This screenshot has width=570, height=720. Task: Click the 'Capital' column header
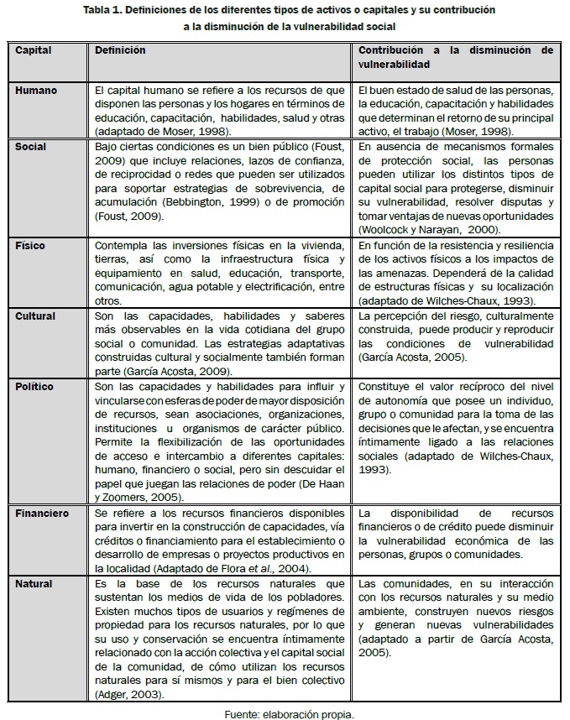34,50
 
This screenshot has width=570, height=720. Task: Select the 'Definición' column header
120,50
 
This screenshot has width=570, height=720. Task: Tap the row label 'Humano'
35,89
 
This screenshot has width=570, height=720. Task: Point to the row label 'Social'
31,146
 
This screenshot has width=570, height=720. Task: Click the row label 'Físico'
30,246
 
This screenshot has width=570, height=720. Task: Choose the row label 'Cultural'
35,316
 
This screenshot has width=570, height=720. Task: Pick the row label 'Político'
34,387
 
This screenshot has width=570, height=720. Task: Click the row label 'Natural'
34,583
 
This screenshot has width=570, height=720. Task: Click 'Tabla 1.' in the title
105,10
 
